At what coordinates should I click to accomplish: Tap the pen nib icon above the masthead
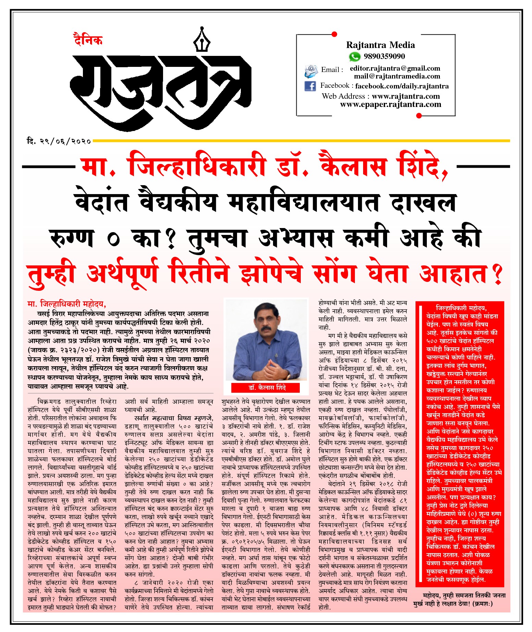(202, 40)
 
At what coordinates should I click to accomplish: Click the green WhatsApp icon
(355, 57)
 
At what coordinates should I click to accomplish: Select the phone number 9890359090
(384, 56)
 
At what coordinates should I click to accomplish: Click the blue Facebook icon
(310, 86)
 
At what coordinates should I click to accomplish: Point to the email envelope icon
(311, 71)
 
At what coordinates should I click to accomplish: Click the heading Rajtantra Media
(380, 45)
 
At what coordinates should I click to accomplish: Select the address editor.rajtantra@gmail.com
(395, 68)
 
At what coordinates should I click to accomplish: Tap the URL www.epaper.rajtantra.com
(391, 104)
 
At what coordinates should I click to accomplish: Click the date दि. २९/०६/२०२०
(59, 141)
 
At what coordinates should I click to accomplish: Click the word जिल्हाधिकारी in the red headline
(197, 166)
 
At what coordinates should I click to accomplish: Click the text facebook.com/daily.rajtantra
(401, 86)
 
